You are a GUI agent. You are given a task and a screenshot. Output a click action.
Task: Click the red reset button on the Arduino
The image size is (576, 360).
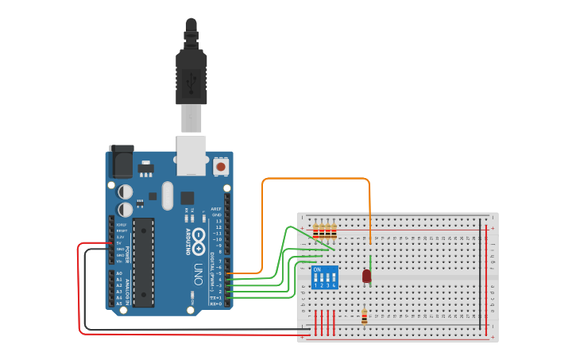click(220, 167)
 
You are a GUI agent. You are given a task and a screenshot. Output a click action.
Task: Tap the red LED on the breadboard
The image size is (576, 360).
click(366, 276)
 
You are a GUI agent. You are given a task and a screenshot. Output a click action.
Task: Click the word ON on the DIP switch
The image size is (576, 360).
click(318, 270)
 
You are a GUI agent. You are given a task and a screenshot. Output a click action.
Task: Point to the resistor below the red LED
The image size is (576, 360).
click(364, 317)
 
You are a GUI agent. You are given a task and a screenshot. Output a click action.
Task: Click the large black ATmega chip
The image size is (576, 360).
click(143, 261)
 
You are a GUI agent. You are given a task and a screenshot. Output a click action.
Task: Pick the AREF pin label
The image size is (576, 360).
click(215, 208)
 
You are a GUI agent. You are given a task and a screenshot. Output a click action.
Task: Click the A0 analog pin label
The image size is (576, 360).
click(119, 273)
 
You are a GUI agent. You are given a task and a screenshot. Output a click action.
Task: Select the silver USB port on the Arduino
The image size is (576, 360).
click(191, 154)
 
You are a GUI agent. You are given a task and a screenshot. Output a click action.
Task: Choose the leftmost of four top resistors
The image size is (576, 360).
click(316, 231)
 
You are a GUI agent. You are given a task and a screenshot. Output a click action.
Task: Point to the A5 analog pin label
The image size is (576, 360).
click(119, 304)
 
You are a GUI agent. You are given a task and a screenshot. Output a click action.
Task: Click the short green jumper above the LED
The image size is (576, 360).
click(370, 262)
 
